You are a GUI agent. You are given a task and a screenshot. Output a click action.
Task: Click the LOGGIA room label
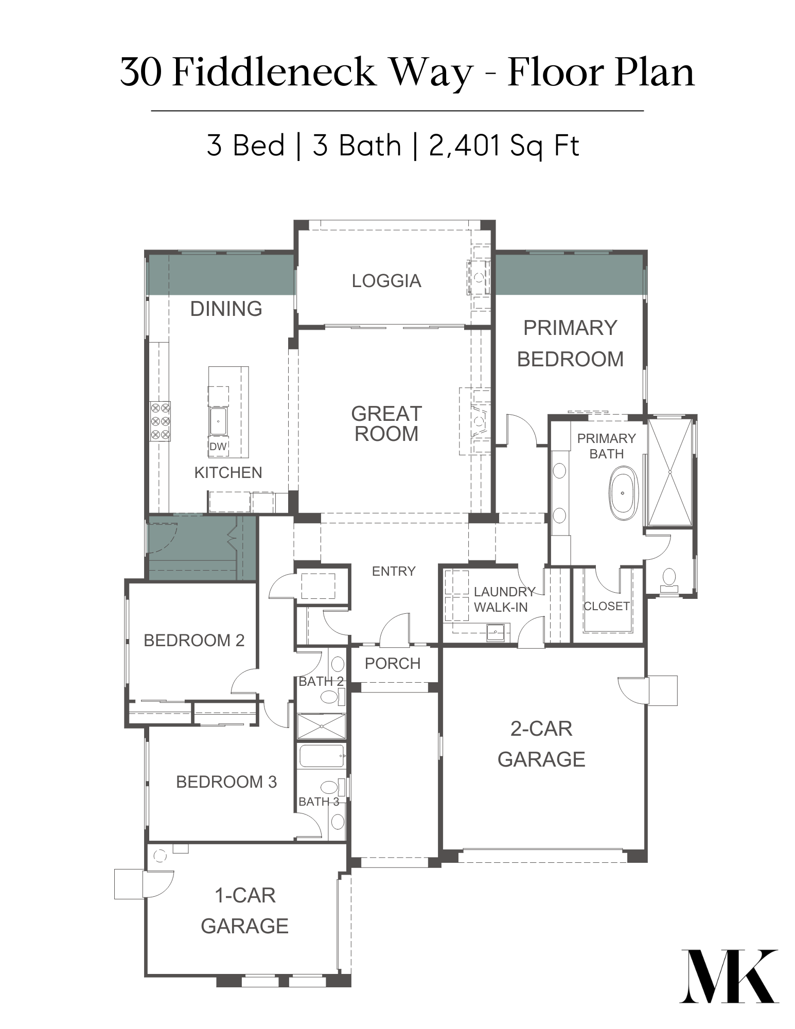coord(386,281)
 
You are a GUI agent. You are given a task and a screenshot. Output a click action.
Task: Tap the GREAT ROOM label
coord(386,424)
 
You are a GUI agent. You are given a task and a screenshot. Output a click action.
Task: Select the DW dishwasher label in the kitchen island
coord(218,447)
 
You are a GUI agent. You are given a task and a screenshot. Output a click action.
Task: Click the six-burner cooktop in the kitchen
coord(160,421)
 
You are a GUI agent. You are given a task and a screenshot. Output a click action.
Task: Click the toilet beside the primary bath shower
coord(669,579)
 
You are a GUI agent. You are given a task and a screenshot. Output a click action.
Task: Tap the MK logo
coord(729,975)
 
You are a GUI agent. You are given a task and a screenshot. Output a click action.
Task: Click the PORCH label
coord(393,664)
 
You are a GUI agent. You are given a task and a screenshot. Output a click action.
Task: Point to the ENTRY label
coord(394,571)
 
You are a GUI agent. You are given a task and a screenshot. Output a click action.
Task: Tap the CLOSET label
coord(607,606)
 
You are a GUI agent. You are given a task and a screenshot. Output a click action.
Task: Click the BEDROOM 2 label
coord(194,641)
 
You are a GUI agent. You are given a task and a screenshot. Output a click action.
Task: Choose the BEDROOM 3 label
coord(226,782)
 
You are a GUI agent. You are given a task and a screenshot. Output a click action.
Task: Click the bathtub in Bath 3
coord(322,756)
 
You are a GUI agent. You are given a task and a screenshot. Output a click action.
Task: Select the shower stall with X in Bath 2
coord(322,726)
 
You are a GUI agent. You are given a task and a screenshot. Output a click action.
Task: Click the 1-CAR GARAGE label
coord(245,911)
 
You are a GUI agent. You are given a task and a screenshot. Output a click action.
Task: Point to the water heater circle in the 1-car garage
coord(160,856)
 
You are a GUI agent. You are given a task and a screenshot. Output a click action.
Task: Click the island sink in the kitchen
coord(218,421)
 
